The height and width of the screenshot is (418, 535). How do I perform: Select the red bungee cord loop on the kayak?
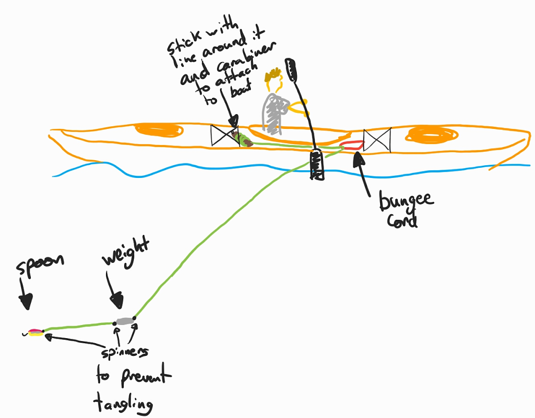click(x=351, y=145)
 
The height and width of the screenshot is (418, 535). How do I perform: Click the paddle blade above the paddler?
click(x=291, y=69)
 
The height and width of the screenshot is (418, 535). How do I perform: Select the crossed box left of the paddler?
click(x=223, y=135)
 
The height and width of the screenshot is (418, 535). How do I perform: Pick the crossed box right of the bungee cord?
click(x=378, y=140)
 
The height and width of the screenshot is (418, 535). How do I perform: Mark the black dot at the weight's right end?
click(x=134, y=319)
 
